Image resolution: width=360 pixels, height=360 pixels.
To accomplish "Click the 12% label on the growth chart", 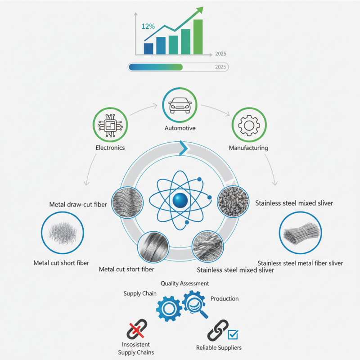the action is [x=148, y=27].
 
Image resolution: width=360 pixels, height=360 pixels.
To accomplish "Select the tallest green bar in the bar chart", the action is [x=198, y=37].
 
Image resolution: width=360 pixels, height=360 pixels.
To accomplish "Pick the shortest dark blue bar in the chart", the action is [x=148, y=49].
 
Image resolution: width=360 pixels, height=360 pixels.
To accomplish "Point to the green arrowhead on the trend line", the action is [x=200, y=10].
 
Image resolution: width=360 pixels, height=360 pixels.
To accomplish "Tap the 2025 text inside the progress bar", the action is [x=220, y=67].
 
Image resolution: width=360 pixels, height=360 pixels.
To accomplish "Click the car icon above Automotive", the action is [x=180, y=105].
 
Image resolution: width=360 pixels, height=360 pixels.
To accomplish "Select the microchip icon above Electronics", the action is [x=110, y=125].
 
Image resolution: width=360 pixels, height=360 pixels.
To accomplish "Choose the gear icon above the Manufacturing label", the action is [x=249, y=126].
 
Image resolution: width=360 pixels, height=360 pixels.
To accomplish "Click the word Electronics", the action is [x=110, y=148].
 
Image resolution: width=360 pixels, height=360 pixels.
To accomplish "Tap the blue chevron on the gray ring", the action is [x=184, y=148].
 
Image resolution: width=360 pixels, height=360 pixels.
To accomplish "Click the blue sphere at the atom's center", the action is [x=180, y=200].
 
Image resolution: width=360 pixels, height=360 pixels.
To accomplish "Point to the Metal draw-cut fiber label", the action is [x=78, y=204].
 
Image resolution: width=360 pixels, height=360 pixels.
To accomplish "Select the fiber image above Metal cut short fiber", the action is [x=63, y=233].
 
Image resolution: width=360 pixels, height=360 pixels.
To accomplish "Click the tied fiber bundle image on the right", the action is [x=301, y=233].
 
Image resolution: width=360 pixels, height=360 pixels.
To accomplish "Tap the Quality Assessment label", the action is [x=184, y=283].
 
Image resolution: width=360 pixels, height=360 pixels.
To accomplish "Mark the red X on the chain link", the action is [x=136, y=330].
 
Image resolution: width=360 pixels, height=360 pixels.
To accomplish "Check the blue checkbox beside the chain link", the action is [x=233, y=334].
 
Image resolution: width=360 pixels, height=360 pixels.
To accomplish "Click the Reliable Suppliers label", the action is [x=219, y=347].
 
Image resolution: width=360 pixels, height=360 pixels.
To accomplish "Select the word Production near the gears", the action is [x=225, y=298].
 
